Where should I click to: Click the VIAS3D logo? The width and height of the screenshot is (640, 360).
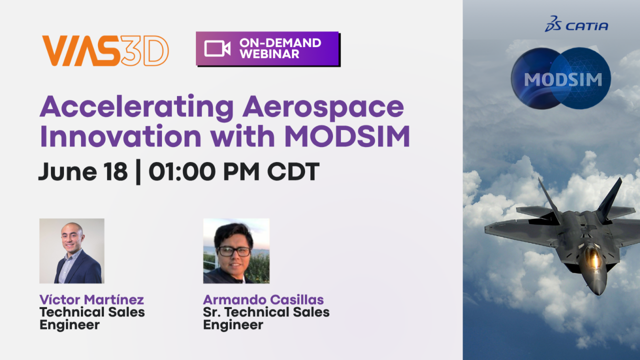[x=105, y=51]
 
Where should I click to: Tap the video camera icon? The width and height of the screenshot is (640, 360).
[x=217, y=48]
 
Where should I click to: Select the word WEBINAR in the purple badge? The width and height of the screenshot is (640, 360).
[x=269, y=54]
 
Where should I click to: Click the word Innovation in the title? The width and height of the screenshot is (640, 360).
[x=121, y=136]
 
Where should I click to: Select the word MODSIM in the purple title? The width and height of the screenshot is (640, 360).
[x=347, y=136]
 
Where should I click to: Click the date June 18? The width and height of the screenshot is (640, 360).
[x=83, y=171]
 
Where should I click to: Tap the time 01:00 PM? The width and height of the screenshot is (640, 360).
[x=204, y=171]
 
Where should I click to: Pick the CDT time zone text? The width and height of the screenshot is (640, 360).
[x=293, y=171]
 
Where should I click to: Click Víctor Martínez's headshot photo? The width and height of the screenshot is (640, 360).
[x=71, y=251]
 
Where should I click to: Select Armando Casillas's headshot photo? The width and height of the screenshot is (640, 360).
[x=236, y=251]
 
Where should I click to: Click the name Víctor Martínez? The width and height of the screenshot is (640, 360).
[x=91, y=299]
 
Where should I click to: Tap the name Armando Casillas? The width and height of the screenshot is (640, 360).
[x=263, y=299]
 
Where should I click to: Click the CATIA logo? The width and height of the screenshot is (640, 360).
[x=576, y=24]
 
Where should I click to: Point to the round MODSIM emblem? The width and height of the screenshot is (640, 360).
[x=561, y=78]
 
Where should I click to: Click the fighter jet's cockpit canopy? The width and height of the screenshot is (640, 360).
[x=592, y=257]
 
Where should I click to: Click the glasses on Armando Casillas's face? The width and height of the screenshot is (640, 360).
[x=234, y=251]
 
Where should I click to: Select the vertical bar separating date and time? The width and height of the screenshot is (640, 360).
[x=138, y=172]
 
